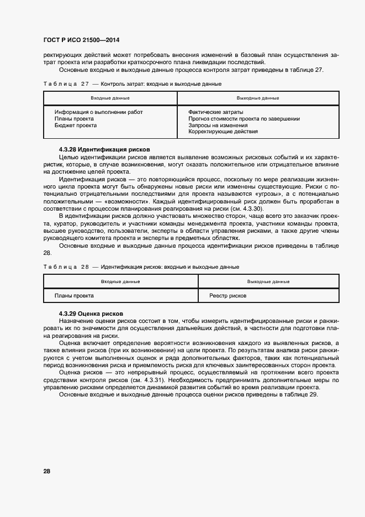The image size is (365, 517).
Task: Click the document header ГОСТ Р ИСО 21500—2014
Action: [81, 40]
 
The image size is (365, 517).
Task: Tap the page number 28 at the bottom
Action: [47, 471]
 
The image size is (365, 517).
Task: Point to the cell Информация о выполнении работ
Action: [98, 112]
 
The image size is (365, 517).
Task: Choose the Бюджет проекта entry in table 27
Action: [76, 126]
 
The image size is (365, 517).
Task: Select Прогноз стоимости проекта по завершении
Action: [244, 119]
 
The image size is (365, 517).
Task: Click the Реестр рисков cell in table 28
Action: [228, 296]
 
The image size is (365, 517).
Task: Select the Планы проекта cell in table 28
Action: [74, 296]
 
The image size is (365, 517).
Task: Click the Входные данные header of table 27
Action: [110, 98]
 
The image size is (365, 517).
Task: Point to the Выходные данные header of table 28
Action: [268, 281]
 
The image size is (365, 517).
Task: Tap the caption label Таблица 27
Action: [66, 83]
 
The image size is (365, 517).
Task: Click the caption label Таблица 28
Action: [66, 267]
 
